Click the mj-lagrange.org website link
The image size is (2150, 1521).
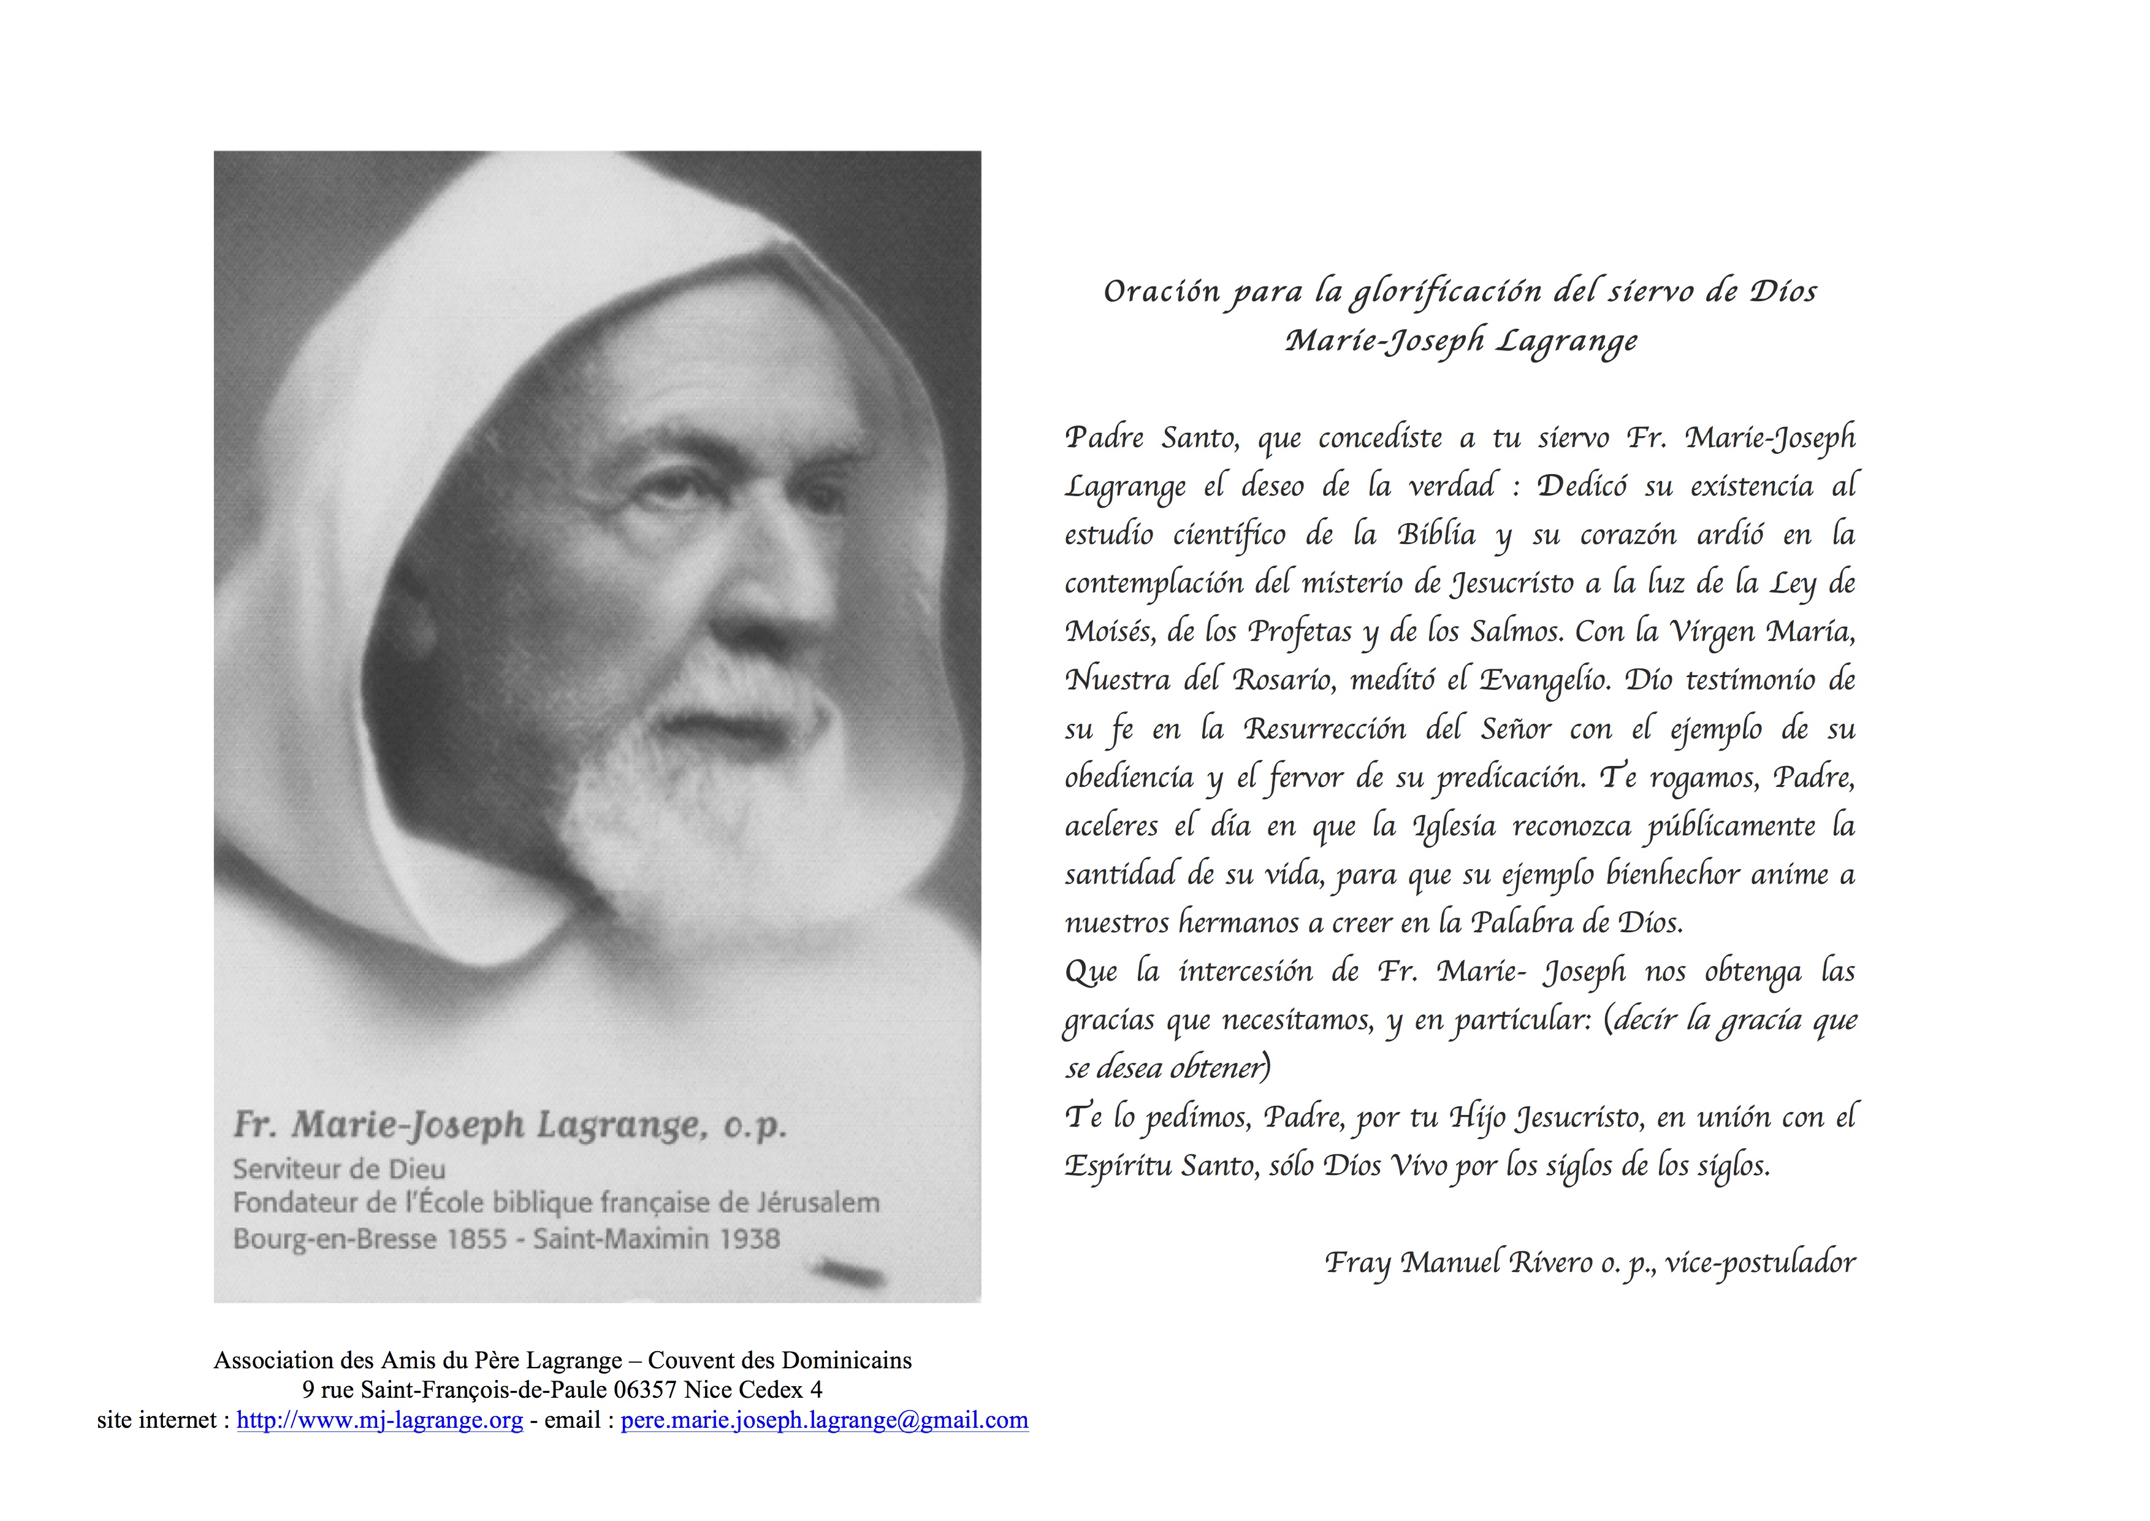(379, 1421)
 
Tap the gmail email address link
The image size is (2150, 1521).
(824, 1421)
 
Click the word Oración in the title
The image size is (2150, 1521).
(1161, 292)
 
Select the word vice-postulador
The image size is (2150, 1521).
(1761, 1263)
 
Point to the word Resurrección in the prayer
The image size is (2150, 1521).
(1324, 729)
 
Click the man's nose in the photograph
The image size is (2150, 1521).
(787, 599)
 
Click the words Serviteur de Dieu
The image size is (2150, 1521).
(339, 1169)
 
